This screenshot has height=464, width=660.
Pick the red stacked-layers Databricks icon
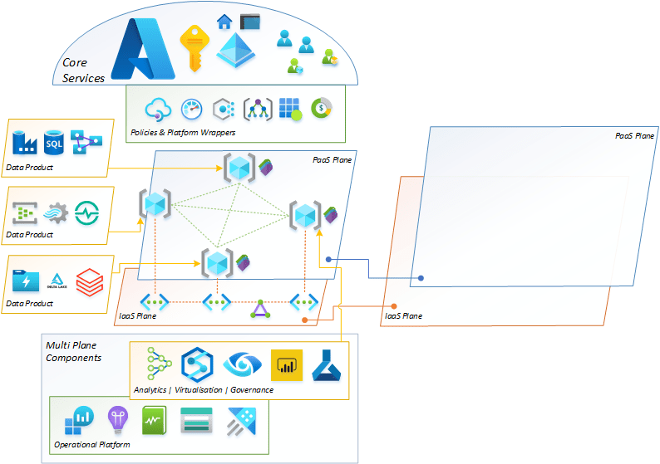[87, 281]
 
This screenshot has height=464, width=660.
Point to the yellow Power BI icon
[287, 365]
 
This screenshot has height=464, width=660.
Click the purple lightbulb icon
[116, 420]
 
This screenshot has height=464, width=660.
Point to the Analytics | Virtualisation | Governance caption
[203, 389]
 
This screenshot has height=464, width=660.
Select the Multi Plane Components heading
[74, 351]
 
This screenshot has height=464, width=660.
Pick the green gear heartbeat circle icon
[86, 212]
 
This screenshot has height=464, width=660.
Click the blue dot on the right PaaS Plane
[421, 278]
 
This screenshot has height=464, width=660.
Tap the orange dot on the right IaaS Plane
[393, 306]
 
